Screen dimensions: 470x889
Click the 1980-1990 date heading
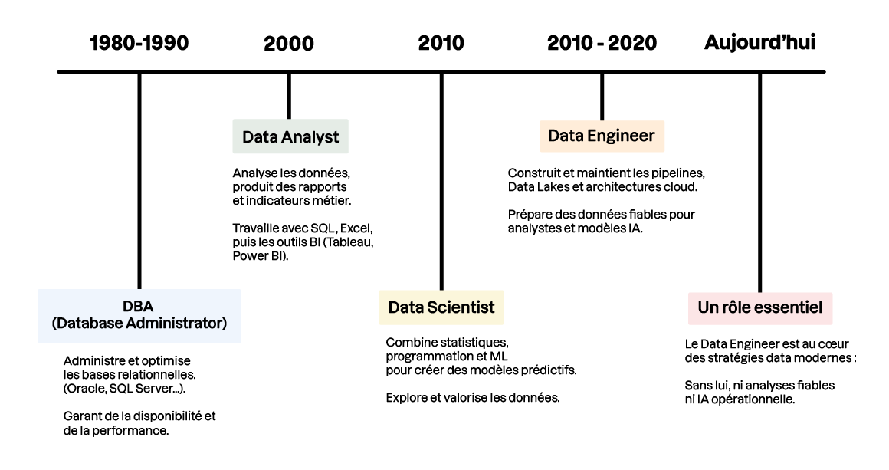coord(139,43)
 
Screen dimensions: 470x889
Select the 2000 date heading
coord(289,44)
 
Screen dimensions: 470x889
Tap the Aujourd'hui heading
coord(759,43)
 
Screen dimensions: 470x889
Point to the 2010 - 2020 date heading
coord(602,43)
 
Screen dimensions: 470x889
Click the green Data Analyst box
coord(290,137)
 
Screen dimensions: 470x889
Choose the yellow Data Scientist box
coord(441,307)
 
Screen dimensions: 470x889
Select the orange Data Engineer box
coord(602,136)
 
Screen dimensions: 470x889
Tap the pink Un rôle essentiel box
coord(760,307)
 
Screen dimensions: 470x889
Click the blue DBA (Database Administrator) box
coord(139,315)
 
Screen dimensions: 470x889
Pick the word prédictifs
coord(549,370)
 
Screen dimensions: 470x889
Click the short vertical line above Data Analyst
coord(289,96)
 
